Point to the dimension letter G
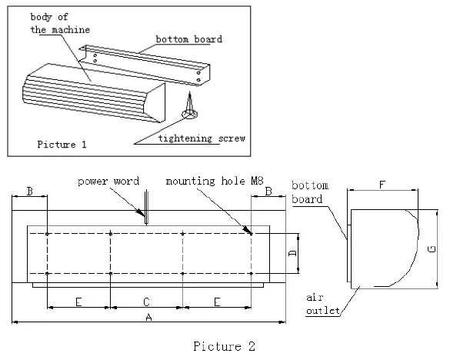432,248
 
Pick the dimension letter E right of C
217,300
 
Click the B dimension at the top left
29,189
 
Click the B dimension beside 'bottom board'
268,189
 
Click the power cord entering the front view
144,211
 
